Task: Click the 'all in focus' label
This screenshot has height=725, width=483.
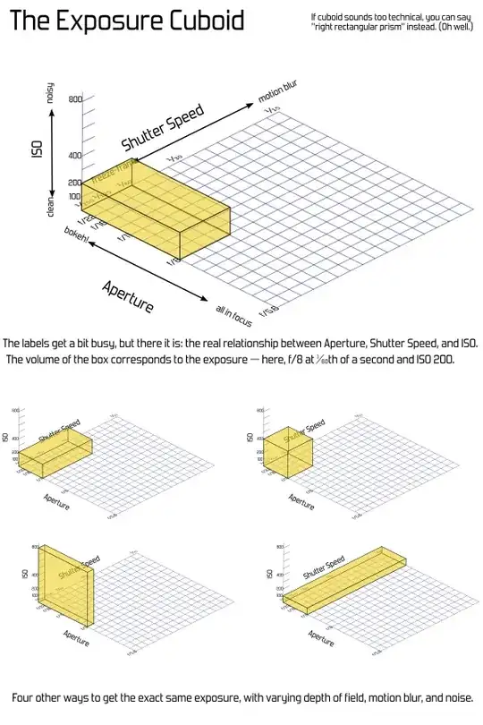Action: coord(231,315)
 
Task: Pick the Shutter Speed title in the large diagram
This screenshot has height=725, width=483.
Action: coord(163,126)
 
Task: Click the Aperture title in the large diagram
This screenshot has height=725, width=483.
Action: coord(127,295)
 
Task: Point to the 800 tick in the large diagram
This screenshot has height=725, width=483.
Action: coord(74,100)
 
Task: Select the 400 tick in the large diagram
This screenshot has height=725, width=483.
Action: coord(74,156)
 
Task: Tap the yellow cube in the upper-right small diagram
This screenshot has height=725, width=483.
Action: coord(288,451)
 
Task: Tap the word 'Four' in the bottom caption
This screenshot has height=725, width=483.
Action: coord(27,697)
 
